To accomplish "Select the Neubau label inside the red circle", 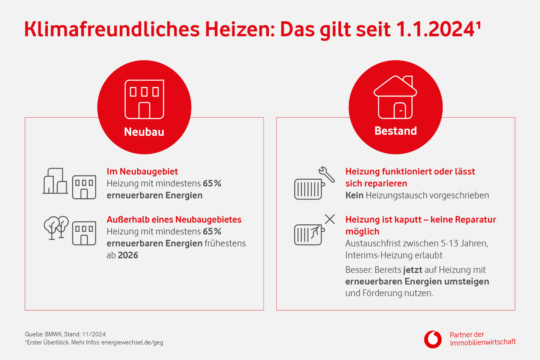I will (144, 132).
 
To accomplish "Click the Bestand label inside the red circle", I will (396, 131).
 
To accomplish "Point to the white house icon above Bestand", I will (396, 97).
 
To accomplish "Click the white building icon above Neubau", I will (144, 99).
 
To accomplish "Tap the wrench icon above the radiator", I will (327, 174).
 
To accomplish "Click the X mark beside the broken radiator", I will (330, 219).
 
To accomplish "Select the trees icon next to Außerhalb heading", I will (56, 227).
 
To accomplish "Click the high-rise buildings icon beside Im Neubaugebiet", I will (55, 181).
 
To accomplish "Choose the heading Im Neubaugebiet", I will (142, 171).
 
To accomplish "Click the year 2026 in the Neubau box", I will (128, 255).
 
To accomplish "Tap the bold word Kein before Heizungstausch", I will (354, 195).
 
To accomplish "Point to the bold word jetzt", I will (412, 270).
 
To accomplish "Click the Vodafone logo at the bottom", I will (433, 339).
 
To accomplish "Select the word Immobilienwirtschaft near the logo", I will (483, 342).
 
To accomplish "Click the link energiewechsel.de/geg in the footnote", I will (132, 342).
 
